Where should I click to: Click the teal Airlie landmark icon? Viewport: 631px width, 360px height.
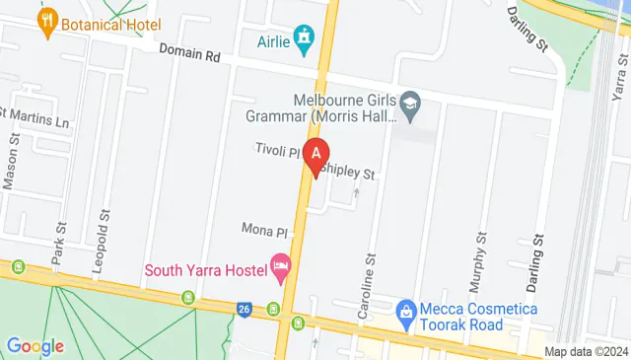coord(306,38)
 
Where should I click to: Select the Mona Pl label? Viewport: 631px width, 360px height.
coord(264,230)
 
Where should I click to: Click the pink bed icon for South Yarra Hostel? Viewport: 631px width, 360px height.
coord(281,267)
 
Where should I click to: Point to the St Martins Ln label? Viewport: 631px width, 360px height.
coord(35,123)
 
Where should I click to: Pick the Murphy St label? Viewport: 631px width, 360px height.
coord(480,261)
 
